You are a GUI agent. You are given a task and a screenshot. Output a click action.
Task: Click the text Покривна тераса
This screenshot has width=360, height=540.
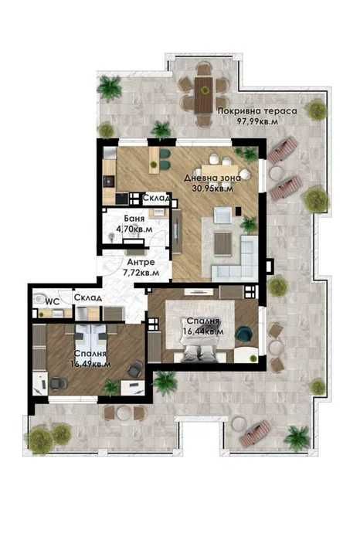[256, 111]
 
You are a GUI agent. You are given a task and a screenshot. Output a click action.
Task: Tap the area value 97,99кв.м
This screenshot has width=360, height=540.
[256, 121]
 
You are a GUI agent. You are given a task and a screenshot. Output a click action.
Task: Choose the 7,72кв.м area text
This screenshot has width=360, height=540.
[141, 273]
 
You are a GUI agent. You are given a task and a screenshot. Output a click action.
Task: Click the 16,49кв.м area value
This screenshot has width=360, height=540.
[90, 363]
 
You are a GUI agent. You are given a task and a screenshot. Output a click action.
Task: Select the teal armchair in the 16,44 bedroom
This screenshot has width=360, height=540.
[245, 334]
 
